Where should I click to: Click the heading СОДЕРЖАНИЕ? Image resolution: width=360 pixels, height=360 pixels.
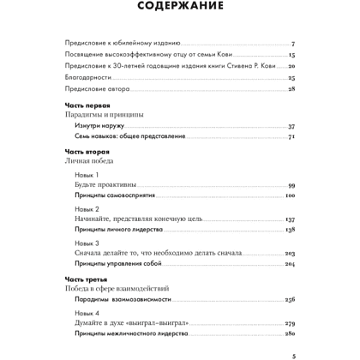(x=179, y=9)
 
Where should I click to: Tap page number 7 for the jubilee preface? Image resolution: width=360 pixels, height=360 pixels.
(x=292, y=43)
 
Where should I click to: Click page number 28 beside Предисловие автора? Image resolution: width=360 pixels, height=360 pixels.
(x=291, y=88)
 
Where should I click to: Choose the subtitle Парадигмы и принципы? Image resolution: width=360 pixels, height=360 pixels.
(x=104, y=114)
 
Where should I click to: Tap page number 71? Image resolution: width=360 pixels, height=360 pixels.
(x=291, y=136)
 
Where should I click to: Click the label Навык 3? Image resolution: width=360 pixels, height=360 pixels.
(x=87, y=243)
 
